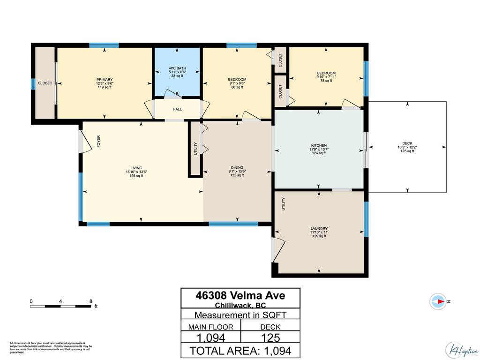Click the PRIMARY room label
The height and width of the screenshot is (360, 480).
point(105,80)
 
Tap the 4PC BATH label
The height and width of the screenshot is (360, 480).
point(177,68)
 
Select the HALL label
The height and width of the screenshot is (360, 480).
point(177,109)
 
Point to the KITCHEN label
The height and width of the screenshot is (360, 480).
point(318,145)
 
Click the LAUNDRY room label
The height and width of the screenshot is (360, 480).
point(318,228)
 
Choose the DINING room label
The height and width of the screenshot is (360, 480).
point(237,168)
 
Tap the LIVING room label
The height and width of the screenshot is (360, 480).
point(136,168)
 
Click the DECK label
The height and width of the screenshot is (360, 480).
point(407,144)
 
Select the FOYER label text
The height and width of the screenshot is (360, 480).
point(99,141)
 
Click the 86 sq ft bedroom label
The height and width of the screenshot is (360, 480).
point(237,80)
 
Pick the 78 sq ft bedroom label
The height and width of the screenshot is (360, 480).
point(326,73)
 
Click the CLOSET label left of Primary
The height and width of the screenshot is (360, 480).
point(45,83)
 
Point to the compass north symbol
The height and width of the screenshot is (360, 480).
point(440,301)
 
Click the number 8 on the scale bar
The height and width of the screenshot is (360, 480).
point(90,301)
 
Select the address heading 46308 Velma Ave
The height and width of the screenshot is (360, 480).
point(240,296)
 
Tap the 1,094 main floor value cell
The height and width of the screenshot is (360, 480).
point(210,337)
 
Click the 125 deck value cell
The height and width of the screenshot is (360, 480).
point(270,337)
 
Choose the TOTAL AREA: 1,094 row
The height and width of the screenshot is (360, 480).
point(240,351)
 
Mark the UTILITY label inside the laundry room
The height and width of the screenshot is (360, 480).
point(284,204)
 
